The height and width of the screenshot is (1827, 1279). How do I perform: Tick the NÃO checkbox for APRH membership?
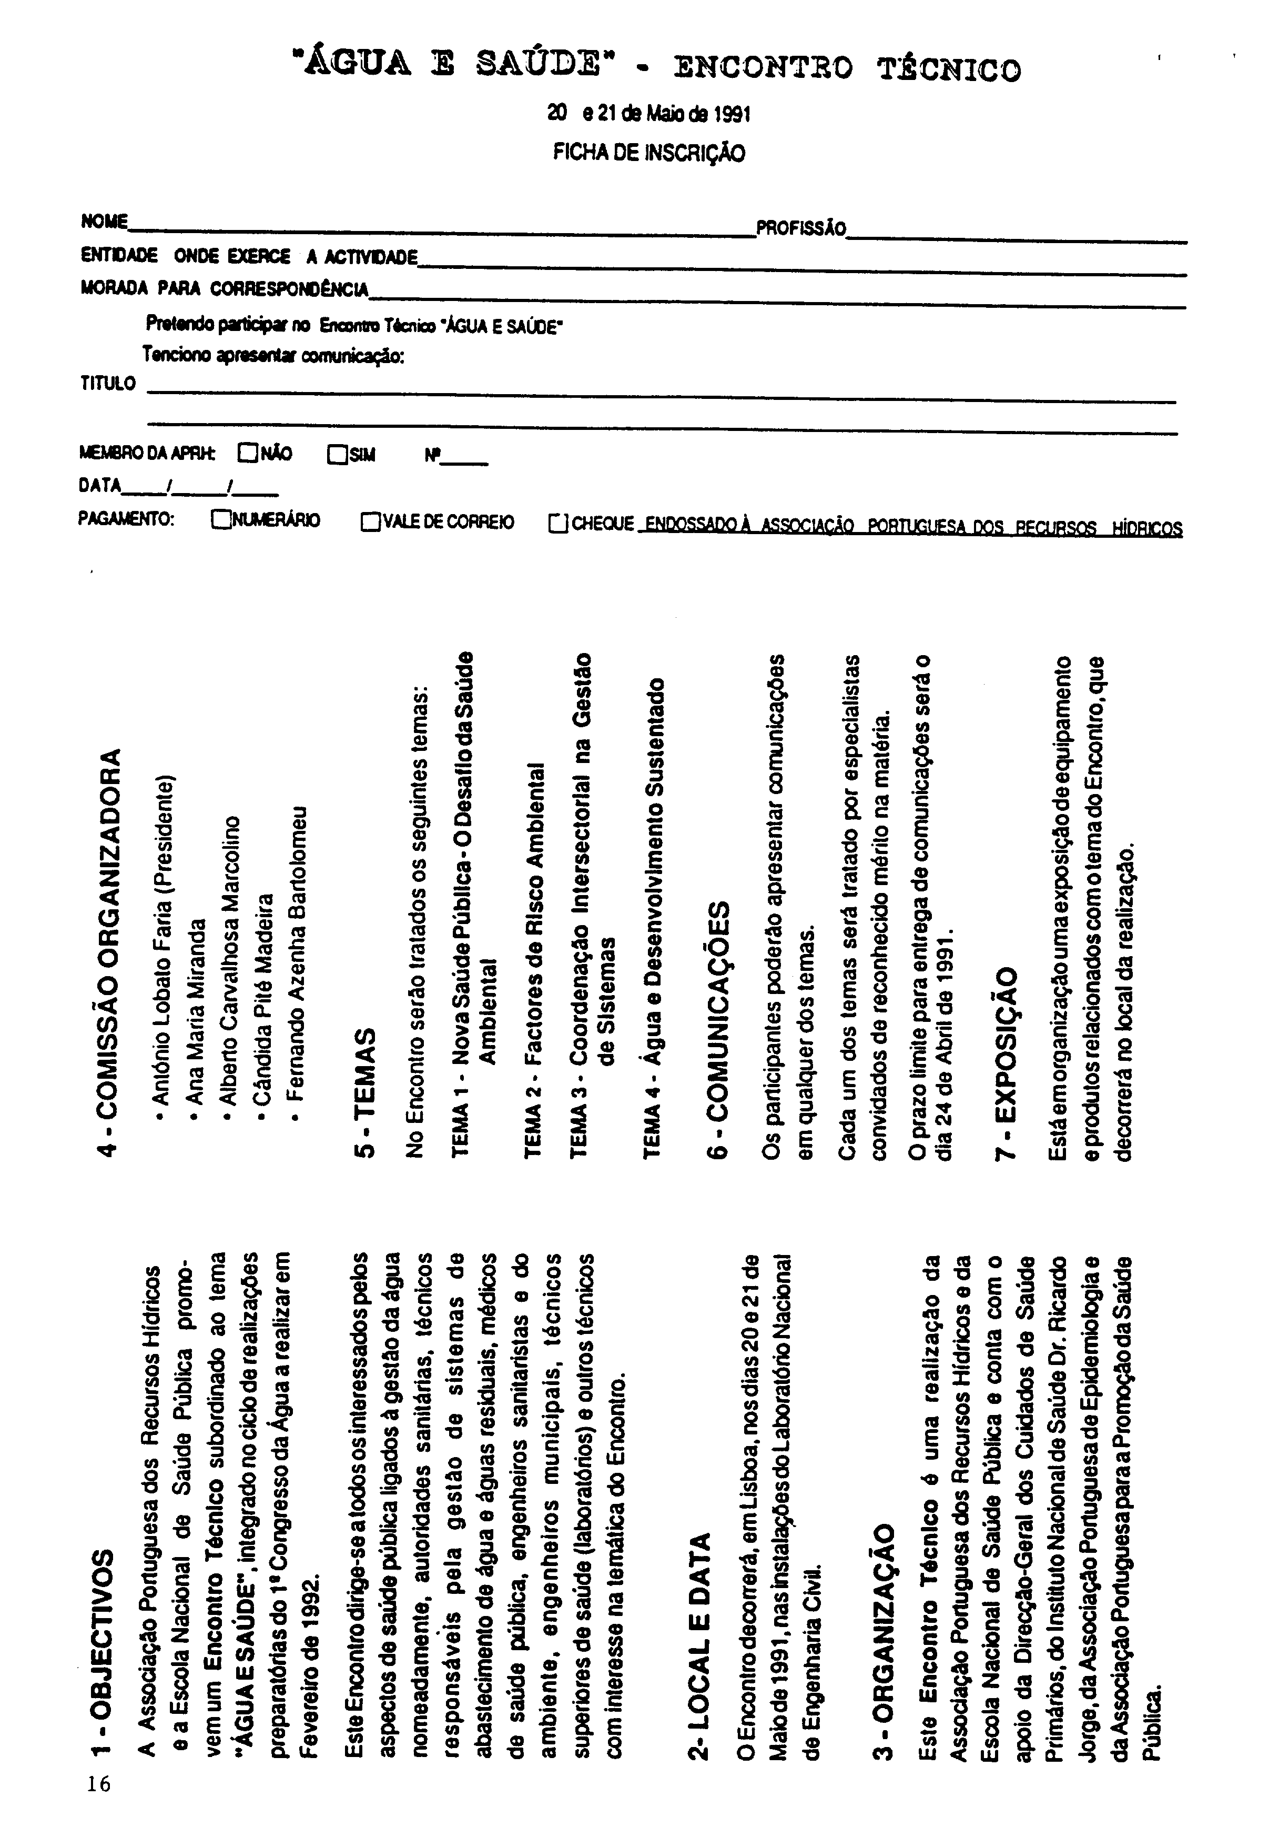click(247, 454)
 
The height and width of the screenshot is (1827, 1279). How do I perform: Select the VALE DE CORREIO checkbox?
click(370, 522)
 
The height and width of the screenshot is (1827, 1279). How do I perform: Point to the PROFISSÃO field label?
click(800, 229)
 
